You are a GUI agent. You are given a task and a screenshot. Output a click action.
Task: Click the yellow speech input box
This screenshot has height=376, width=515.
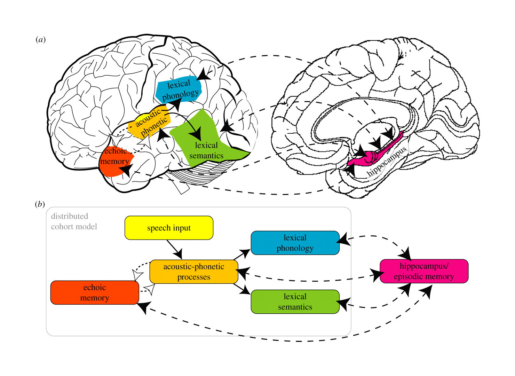pyautogui.click(x=169, y=228)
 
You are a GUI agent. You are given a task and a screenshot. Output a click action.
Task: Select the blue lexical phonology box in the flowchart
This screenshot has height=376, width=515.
pyautogui.click(x=295, y=243)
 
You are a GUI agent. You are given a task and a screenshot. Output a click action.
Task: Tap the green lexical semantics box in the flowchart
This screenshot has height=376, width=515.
pyautogui.click(x=295, y=301)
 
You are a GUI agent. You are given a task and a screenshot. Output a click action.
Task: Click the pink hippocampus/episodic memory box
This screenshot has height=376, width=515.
pyautogui.click(x=424, y=271)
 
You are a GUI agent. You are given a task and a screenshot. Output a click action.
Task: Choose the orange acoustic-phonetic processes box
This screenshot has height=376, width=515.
pyautogui.click(x=194, y=272)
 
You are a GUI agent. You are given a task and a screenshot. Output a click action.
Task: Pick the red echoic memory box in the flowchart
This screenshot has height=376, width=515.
pyautogui.click(x=95, y=292)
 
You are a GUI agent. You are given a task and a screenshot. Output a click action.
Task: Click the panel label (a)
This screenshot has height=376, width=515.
pyautogui.click(x=41, y=39)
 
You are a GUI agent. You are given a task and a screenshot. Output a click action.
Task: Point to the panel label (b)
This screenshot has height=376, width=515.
pyautogui.click(x=40, y=204)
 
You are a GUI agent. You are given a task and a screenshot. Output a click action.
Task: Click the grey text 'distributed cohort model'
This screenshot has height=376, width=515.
pyautogui.click(x=74, y=221)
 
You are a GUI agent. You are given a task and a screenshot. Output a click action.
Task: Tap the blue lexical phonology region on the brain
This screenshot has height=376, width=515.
pyautogui.click(x=179, y=89)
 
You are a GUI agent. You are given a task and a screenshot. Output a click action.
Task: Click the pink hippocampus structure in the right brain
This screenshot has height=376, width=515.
pyautogui.click(x=376, y=153)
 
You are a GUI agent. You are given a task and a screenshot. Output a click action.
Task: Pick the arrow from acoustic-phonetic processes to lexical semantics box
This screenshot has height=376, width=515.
pyautogui.click(x=242, y=289)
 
